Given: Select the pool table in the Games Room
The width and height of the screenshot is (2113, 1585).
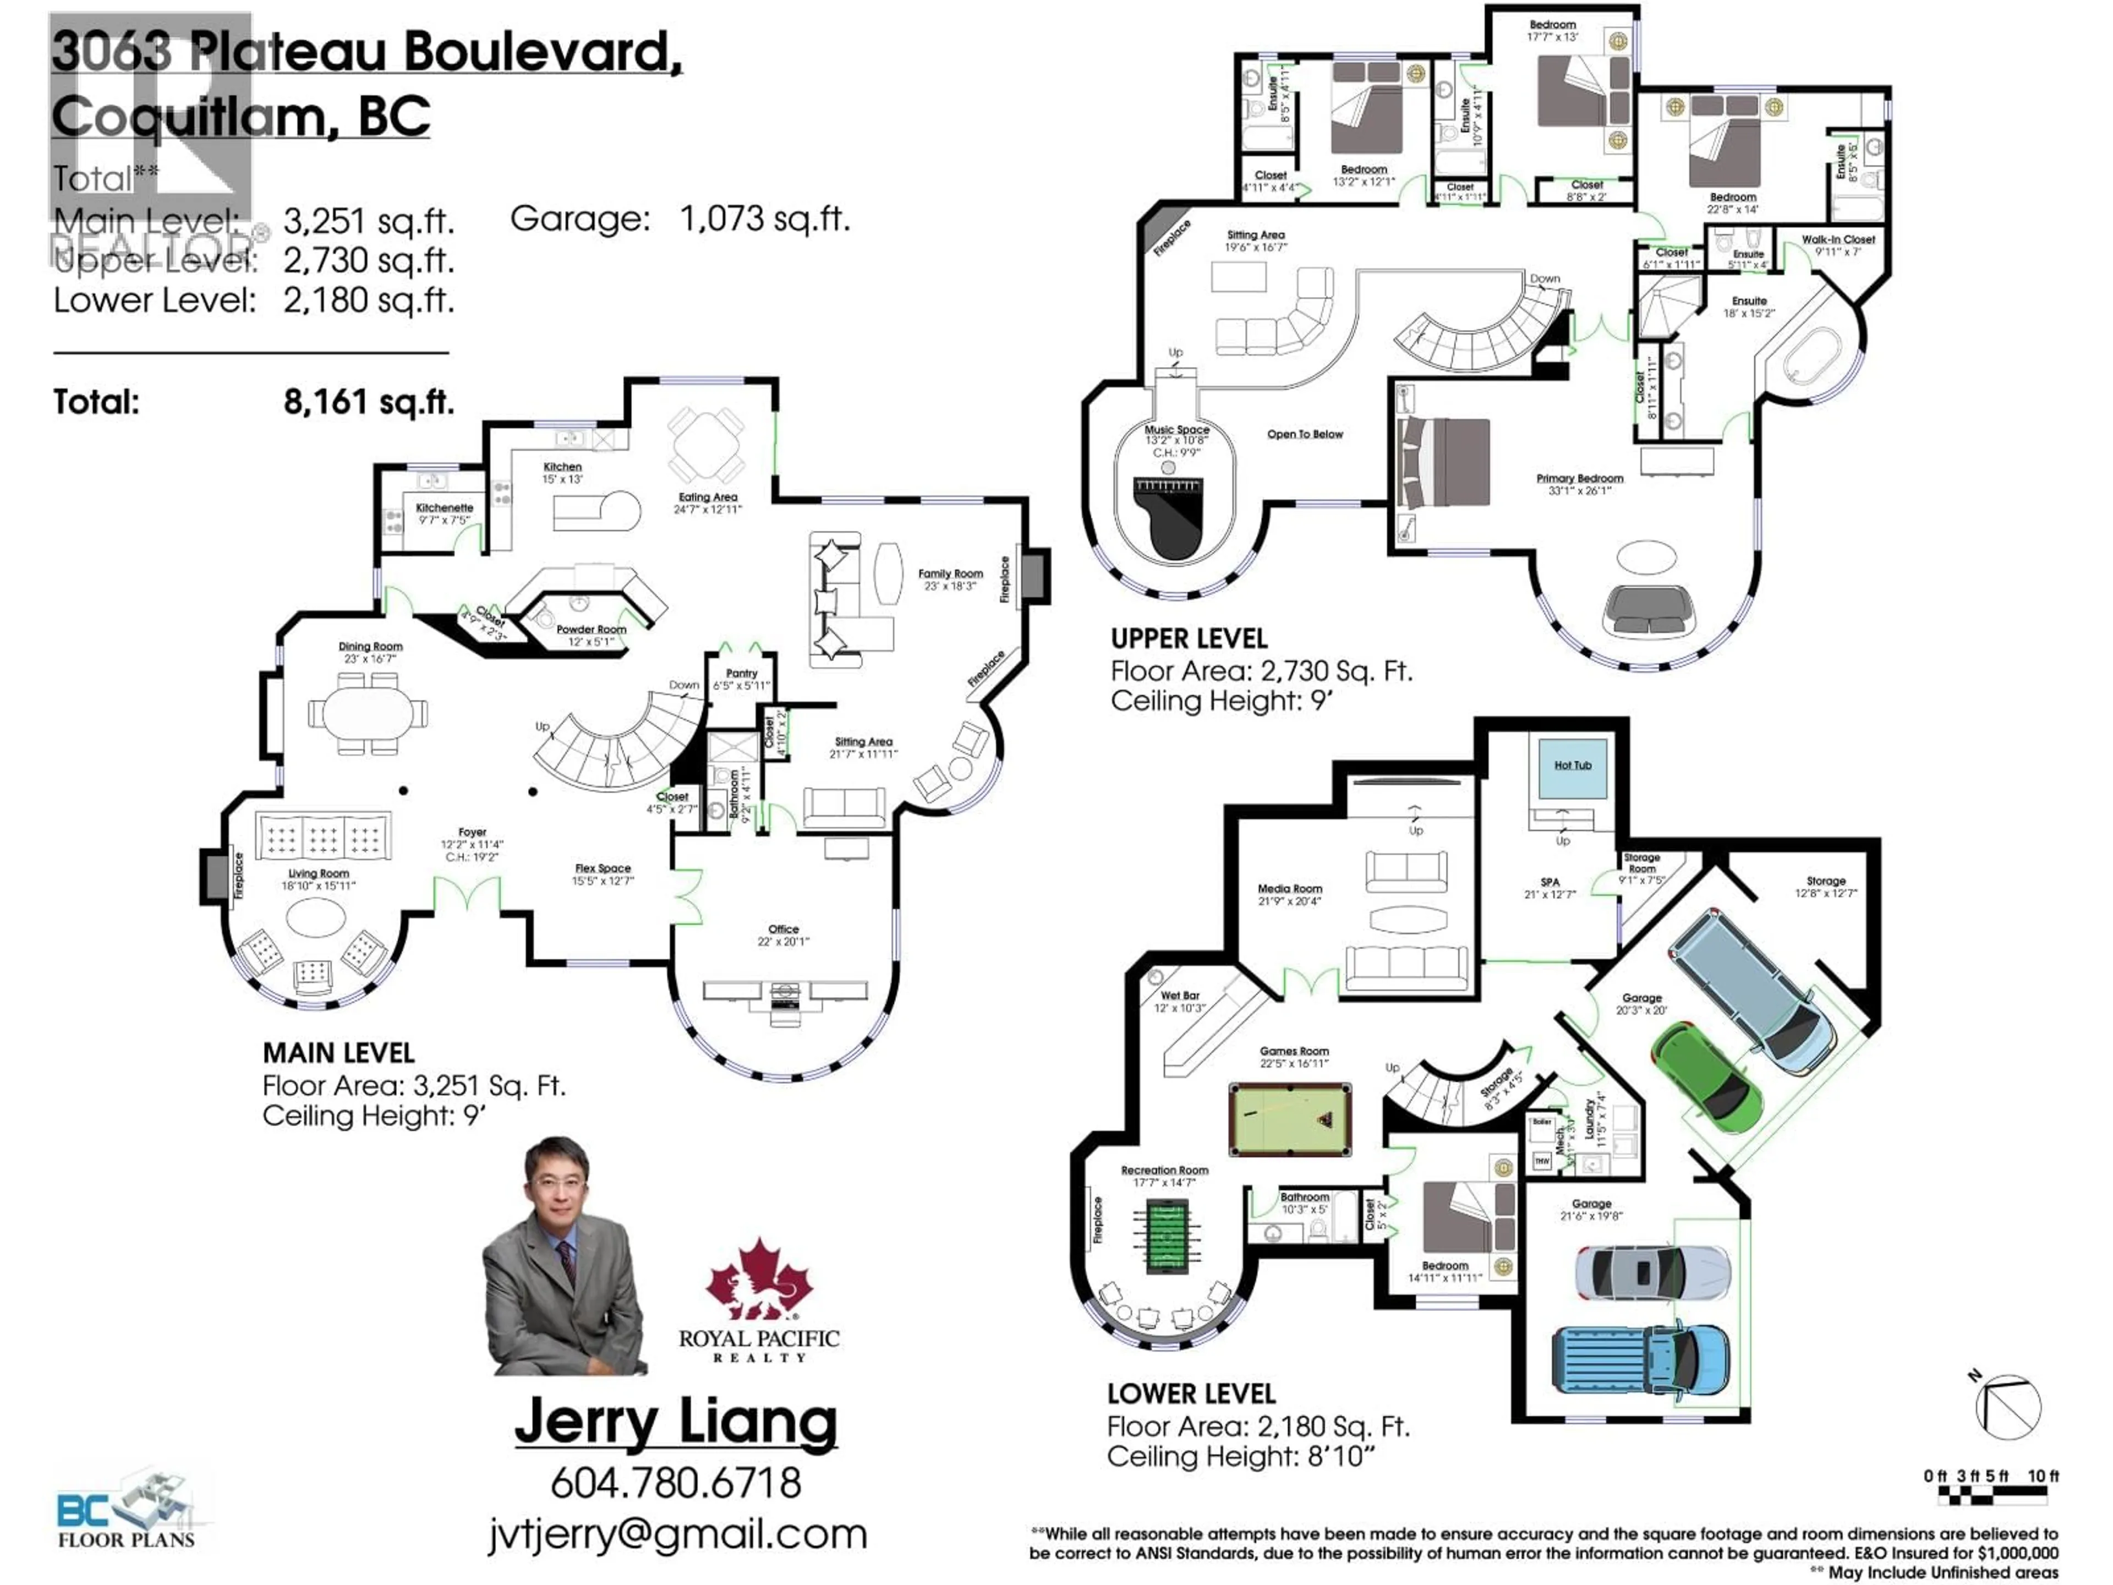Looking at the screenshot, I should coord(1290,1118).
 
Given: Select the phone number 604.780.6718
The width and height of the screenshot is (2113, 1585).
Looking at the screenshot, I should coord(675,1482).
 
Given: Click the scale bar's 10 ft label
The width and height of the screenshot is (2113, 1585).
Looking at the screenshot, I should coord(2043,1476).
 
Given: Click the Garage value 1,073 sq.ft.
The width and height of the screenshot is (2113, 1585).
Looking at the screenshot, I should coord(764,219).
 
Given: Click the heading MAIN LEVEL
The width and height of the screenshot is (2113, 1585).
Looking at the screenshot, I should coord(338,1053).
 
